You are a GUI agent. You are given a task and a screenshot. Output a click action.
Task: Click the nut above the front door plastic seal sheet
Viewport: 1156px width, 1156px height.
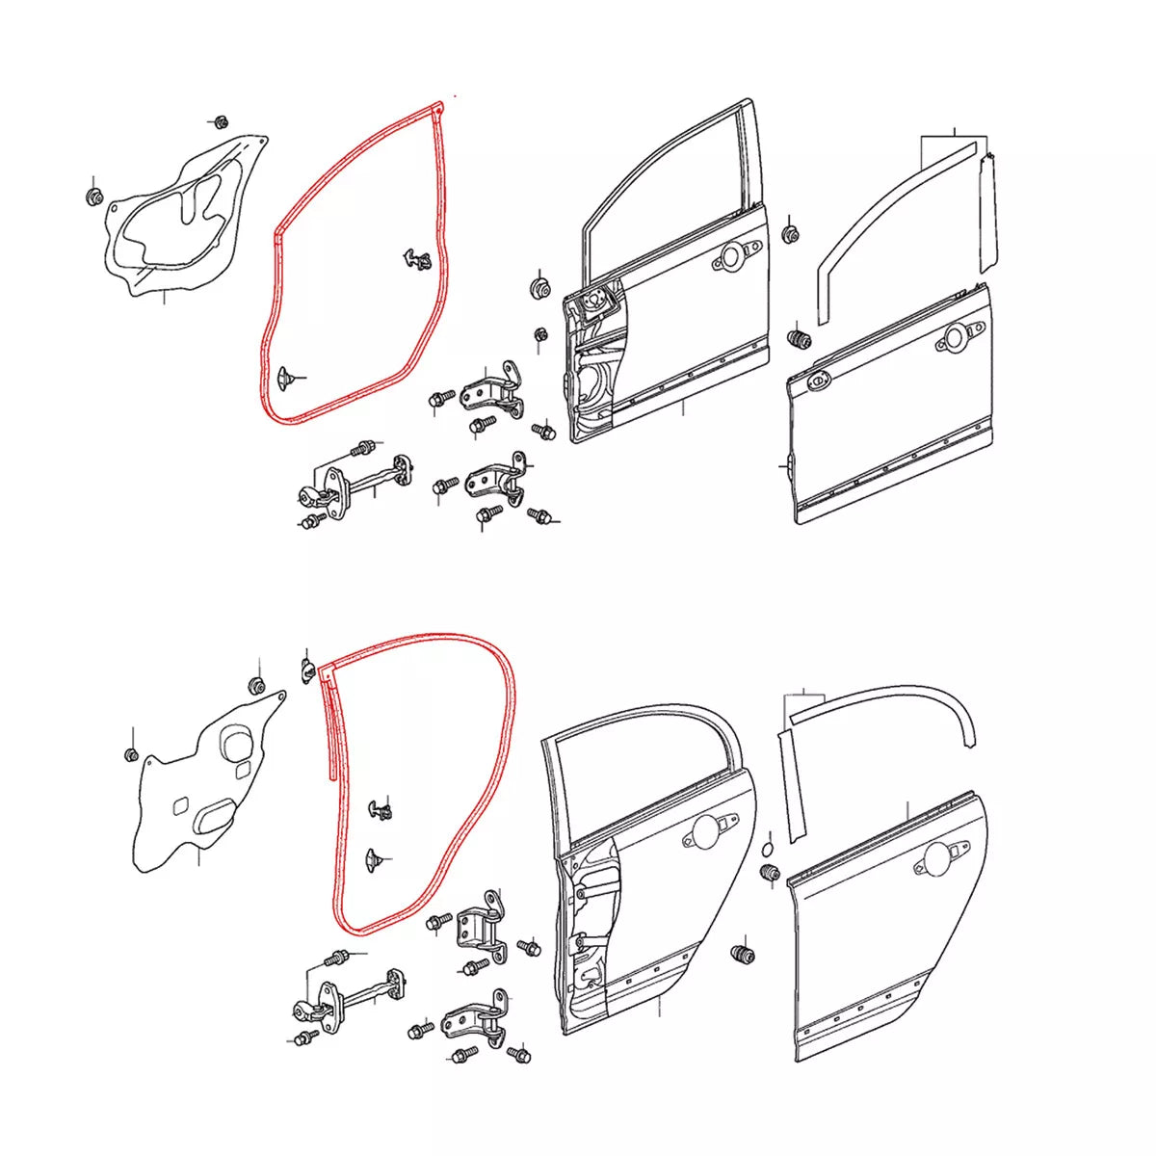[219, 122]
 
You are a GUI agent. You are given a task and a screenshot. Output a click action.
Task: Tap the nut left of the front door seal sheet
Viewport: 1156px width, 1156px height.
[93, 196]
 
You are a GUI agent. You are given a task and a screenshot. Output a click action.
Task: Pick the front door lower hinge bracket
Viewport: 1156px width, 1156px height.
[496, 479]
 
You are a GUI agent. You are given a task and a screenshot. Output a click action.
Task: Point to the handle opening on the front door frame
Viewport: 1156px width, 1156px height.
[732, 257]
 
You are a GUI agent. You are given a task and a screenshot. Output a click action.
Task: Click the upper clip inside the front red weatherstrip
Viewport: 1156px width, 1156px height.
[416, 258]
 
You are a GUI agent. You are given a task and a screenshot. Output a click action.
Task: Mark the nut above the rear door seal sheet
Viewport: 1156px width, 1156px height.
[257, 685]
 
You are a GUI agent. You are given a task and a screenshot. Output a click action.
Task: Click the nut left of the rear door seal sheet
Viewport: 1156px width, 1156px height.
[132, 753]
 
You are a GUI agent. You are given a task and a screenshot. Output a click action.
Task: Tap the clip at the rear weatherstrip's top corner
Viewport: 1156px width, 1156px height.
[307, 668]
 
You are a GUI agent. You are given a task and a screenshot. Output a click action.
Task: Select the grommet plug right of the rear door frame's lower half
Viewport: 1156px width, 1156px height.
[744, 955]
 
